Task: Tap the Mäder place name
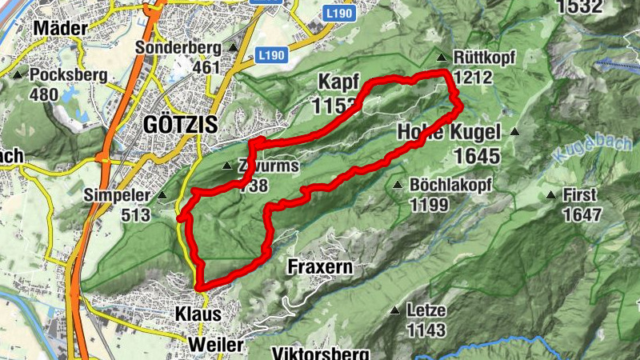pos(61,29)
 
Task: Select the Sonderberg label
pos(177,47)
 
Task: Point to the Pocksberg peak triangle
pos(18,75)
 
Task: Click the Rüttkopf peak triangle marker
pos(441,58)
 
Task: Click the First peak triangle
pos(550,194)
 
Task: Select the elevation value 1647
pos(582,214)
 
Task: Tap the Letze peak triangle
pos(395,310)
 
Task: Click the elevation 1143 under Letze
pos(426,329)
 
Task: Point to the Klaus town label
pos(198,314)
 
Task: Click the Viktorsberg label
pos(320,353)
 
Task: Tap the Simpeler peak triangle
pos(162,194)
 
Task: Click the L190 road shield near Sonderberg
pos(271,55)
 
